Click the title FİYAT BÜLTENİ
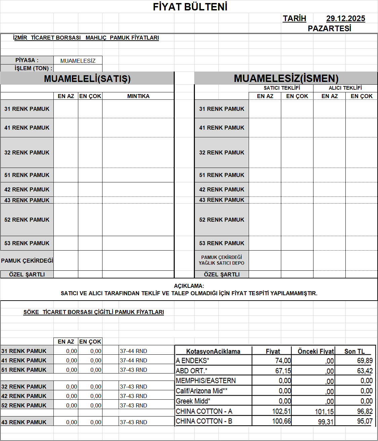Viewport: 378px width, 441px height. coord(190,7)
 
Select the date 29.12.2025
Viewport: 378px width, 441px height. coord(345,19)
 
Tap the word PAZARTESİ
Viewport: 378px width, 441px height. coord(329,29)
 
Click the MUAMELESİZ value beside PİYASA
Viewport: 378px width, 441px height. coord(78,61)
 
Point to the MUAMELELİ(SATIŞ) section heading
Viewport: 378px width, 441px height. coord(87,79)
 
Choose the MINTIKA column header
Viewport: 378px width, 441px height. coord(138,96)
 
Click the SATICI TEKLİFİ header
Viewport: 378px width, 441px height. coord(282,88)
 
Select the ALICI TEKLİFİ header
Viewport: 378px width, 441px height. coord(345,88)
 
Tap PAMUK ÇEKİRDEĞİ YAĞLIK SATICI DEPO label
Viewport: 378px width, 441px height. coord(221,260)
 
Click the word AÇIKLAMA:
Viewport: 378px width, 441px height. coord(189,286)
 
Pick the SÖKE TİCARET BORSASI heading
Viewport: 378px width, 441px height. coord(93,312)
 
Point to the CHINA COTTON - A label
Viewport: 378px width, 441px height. coord(204,411)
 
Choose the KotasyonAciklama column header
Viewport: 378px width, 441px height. coord(213,351)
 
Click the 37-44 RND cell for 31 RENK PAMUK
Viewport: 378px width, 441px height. coord(133,351)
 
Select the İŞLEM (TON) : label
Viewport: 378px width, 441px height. coord(33,68)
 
